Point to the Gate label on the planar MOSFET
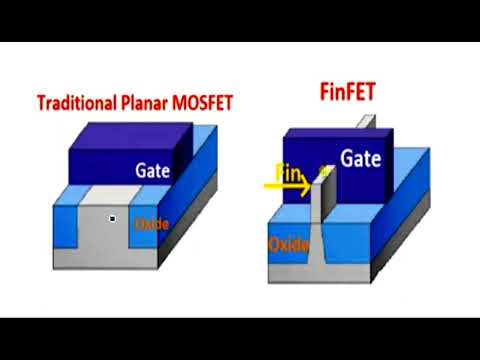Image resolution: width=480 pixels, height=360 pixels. pos(153,171)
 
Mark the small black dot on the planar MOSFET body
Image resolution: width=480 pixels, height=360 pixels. pos(113,218)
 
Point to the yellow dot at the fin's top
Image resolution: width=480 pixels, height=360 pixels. pos(323,172)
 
